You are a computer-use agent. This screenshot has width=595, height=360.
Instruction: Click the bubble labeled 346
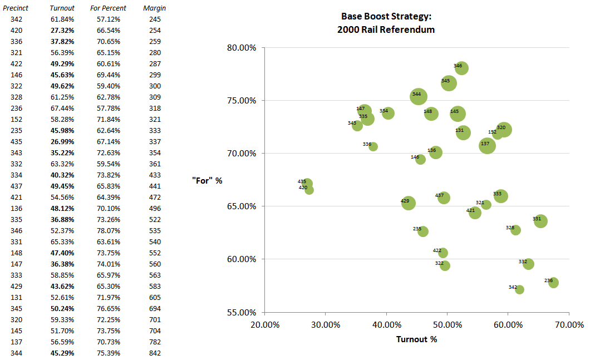461,68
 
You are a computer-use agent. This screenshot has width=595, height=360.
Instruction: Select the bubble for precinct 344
419,96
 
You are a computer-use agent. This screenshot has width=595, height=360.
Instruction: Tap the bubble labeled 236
553,283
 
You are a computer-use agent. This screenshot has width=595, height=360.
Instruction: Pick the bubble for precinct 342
519,289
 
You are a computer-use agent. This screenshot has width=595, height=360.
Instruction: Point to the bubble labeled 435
307,184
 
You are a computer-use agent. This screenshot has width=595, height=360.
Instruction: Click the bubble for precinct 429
409,203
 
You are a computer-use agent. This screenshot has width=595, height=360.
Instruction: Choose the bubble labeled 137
488,146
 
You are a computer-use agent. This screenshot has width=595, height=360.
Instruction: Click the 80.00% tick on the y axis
242,48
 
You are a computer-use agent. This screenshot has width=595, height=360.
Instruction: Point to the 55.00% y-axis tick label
242,312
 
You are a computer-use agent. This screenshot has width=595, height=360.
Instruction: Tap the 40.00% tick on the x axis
386,324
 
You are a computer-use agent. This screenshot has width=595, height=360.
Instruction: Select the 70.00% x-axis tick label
569,324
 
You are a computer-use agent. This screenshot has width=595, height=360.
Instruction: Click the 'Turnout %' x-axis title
416,339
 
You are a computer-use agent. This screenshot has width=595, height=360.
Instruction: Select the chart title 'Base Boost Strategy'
386,17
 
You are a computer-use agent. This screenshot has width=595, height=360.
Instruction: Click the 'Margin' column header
154,8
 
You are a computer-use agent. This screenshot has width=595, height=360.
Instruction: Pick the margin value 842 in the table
155,353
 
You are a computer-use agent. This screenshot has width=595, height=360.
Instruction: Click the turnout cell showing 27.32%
62,30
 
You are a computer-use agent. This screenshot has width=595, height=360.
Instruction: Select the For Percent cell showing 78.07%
108,230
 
